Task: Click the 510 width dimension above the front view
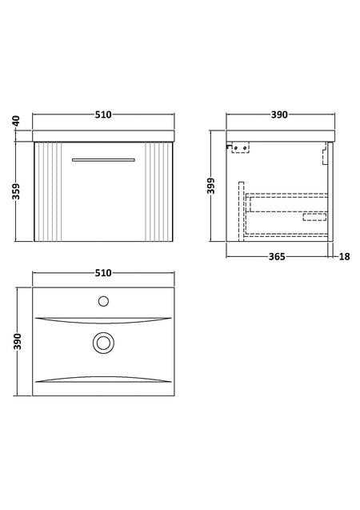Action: pos(103,114)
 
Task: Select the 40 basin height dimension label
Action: pos(17,121)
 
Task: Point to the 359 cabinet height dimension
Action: pos(15,191)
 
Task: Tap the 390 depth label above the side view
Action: pos(279,114)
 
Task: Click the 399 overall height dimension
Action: pos(211,186)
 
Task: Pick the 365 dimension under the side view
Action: pos(277,257)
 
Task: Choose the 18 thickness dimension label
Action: pos(345,257)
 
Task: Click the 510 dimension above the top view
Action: pos(103,273)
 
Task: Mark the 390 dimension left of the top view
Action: pos(18,342)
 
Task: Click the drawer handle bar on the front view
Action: pos(103,159)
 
